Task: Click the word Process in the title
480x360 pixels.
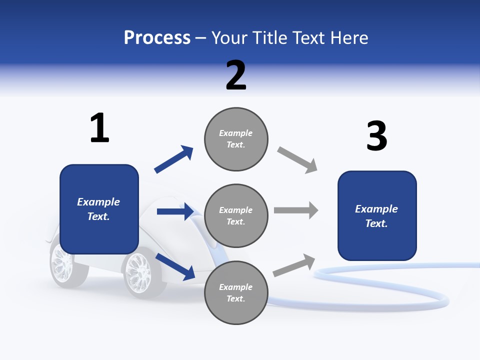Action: [x=157, y=38]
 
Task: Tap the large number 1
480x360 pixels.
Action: [x=99, y=128]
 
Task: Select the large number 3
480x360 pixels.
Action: [x=376, y=136]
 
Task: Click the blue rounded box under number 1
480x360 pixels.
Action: [x=99, y=209]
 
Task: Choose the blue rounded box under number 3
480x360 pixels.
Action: [x=377, y=215]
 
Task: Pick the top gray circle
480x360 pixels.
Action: [x=236, y=139]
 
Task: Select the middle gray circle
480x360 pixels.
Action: [x=236, y=215]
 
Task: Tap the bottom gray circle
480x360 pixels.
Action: [x=236, y=292]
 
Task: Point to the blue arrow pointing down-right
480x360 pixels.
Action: [x=175, y=266]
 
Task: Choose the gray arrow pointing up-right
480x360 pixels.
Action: [x=294, y=265]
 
